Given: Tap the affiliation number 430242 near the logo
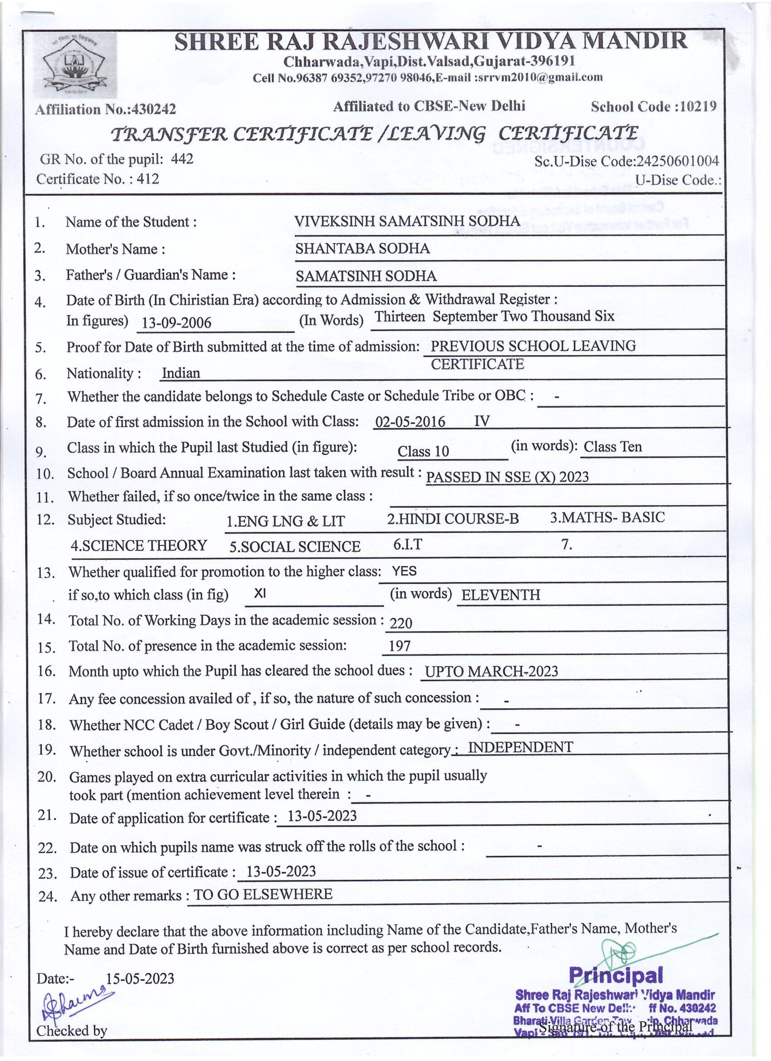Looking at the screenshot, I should click(x=154, y=109).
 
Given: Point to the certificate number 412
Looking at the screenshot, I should click(x=148, y=179).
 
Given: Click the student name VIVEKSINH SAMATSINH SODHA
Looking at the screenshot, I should click(x=407, y=221).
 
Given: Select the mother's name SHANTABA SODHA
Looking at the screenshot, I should click(x=362, y=248).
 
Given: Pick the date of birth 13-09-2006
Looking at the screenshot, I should click(x=176, y=323).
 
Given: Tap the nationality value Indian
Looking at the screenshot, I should click(x=181, y=373).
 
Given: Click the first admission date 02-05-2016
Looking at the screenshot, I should click(x=410, y=422).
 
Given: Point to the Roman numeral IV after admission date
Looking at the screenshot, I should click(x=482, y=421).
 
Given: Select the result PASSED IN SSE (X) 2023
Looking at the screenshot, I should click(x=507, y=476).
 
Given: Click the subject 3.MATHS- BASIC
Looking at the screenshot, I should click(x=607, y=517).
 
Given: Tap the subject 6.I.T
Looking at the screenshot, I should click(x=407, y=544).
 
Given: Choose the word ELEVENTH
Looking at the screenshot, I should click(x=500, y=595).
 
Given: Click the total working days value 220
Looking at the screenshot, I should click(x=401, y=623).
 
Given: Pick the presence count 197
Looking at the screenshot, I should click(x=400, y=647).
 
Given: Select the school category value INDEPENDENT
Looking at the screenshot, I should click(x=520, y=747).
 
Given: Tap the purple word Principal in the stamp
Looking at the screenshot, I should click(x=615, y=975).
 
